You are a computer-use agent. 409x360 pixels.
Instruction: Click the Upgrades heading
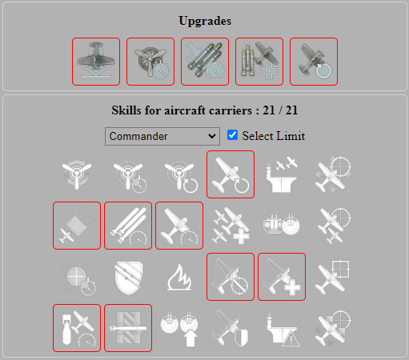[204, 20]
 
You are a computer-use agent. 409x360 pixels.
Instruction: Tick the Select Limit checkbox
[233, 135]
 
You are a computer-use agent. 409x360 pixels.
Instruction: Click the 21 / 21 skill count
[276, 110]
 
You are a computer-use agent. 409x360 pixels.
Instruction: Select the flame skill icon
[178, 277]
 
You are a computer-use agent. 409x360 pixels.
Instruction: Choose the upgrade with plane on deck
[96, 62]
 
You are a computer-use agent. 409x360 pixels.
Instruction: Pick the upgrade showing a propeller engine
[150, 62]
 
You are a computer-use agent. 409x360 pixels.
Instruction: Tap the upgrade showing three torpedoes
[205, 62]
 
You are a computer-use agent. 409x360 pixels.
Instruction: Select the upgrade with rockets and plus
[259, 62]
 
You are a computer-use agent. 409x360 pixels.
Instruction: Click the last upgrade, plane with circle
[314, 62]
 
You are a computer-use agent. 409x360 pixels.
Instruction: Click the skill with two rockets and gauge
[128, 226]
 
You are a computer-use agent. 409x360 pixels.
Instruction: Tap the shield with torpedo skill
[128, 277]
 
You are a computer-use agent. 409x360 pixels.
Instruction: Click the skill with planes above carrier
[282, 174]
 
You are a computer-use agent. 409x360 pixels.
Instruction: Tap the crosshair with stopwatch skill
[77, 277]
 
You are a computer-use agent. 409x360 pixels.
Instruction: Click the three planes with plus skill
[231, 226]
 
